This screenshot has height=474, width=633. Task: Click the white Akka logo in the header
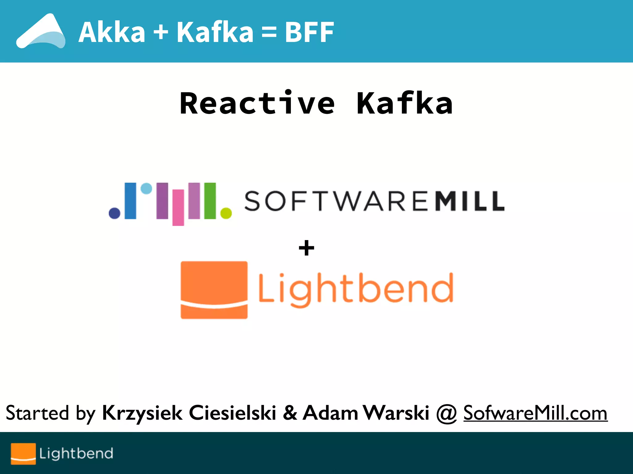[41, 31]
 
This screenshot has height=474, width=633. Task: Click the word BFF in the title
[309, 32]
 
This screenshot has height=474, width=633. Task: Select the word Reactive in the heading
[257, 103]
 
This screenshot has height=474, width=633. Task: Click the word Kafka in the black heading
[405, 103]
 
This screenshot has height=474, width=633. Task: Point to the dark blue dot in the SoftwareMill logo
[115, 213]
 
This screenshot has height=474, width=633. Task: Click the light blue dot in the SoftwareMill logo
[146, 189]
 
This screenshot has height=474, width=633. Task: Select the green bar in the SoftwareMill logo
[210, 201]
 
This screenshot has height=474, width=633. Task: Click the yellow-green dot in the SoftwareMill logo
[226, 213]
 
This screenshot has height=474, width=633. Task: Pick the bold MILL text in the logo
[469, 201]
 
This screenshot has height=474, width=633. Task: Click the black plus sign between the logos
[306, 248]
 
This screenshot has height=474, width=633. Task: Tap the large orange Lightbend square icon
[214, 290]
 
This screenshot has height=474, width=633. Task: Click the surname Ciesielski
[232, 413]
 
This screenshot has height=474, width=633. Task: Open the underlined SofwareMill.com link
[535, 413]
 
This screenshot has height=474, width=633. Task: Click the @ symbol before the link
[446, 414]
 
